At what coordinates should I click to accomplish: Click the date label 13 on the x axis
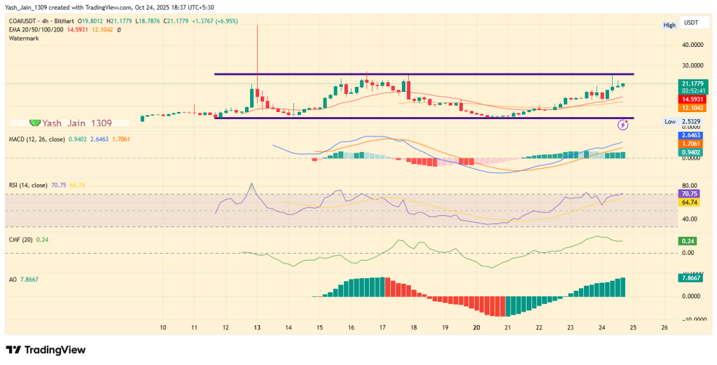[257, 327]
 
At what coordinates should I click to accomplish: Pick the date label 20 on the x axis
[476, 327]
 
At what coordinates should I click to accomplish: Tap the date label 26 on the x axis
[664, 327]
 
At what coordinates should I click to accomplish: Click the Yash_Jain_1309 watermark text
[75, 123]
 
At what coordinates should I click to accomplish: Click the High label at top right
[669, 25]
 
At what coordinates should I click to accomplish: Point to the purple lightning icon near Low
[623, 125]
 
